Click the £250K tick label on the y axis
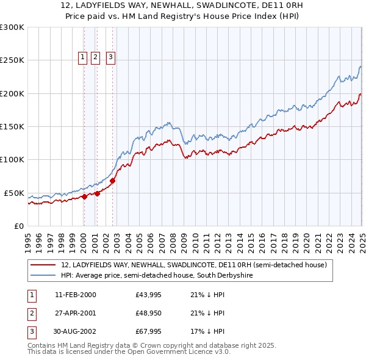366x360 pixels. [12, 60]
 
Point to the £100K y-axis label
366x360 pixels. [12, 160]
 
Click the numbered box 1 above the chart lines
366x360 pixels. [83, 57]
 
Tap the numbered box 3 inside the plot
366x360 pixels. [110, 57]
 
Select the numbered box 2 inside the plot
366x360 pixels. [96, 57]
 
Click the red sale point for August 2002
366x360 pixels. [113, 181]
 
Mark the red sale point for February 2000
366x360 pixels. [85, 196]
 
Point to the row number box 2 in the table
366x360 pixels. [30, 314]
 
